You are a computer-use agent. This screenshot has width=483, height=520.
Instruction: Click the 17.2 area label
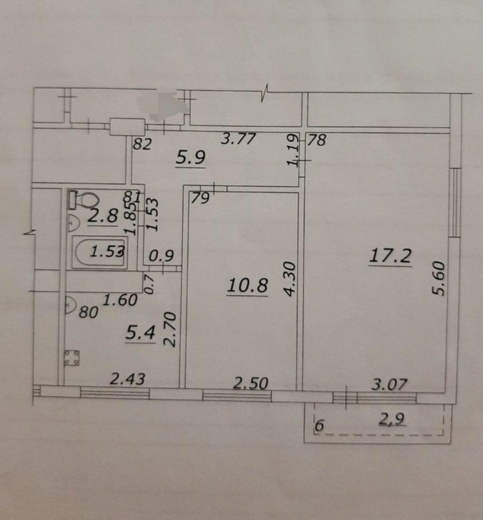coord(390,256)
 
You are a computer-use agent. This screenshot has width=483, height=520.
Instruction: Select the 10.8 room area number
coord(247,285)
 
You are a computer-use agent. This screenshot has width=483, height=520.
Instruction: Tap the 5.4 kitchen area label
coord(141,333)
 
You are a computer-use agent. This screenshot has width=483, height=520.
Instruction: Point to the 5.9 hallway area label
coord(191,157)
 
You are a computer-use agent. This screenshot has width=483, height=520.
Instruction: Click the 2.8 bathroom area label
coord(103,216)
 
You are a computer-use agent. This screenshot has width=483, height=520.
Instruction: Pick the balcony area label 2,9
coord(392,419)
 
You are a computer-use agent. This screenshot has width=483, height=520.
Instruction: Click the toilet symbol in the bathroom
coord(83,200)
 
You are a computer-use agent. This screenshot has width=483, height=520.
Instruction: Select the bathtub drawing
coord(100,252)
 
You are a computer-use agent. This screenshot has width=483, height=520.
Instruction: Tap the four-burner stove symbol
coord(72,358)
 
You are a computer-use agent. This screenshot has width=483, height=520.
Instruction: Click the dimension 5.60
coord(438,278)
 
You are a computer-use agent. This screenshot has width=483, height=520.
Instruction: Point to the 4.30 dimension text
coord(290,279)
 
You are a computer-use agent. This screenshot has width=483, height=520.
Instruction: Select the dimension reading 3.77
coord(239,138)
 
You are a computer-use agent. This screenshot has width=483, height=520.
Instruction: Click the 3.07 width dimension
coord(389,384)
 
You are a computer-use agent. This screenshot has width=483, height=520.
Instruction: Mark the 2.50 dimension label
coord(250,384)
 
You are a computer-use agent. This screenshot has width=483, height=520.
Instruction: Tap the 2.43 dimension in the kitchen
coord(127,379)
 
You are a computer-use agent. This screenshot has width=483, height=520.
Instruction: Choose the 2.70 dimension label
coord(170,329)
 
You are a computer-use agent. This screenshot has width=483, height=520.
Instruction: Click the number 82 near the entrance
coord(143,144)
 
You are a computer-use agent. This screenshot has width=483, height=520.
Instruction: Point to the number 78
coord(317,140)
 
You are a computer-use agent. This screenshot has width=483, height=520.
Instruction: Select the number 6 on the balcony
coord(319,425)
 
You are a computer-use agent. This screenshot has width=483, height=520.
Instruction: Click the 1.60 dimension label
coord(120,300)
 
